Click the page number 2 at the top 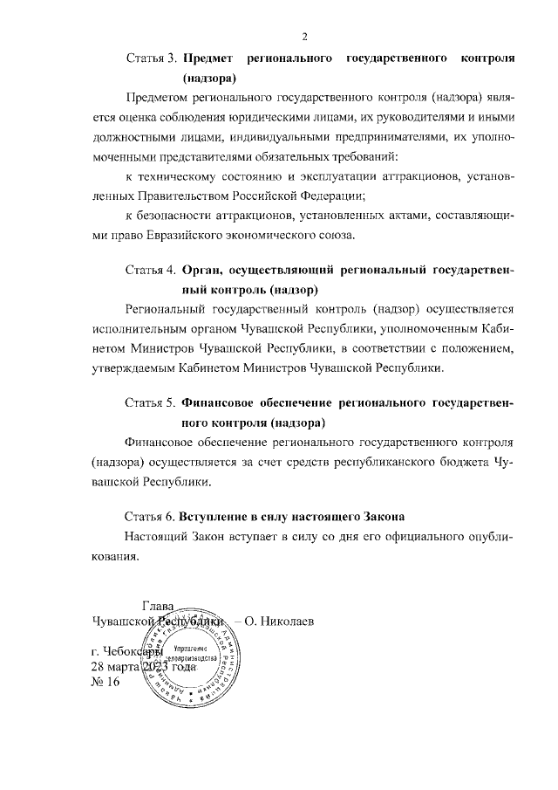coord(304,36)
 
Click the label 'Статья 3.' coord(152,58)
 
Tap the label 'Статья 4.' coord(152,270)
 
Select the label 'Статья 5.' coord(152,404)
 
